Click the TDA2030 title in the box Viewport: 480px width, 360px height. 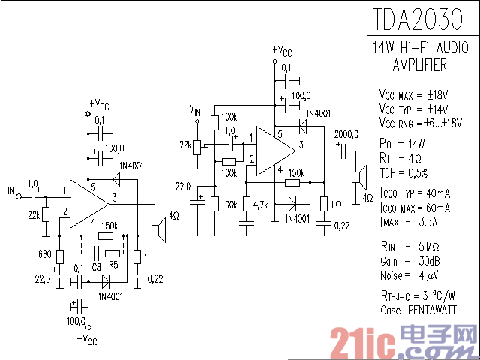(418, 19)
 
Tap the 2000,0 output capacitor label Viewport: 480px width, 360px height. (346, 134)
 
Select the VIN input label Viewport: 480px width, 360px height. (195, 110)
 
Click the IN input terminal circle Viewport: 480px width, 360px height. (19, 196)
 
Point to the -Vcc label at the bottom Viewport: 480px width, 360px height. (87, 340)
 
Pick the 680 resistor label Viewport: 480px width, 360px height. (45, 253)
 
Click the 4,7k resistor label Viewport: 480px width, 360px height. (260, 205)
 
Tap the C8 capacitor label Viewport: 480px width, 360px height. (96, 267)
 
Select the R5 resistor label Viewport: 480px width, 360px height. (113, 265)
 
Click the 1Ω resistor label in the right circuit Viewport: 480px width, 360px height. (337, 205)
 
